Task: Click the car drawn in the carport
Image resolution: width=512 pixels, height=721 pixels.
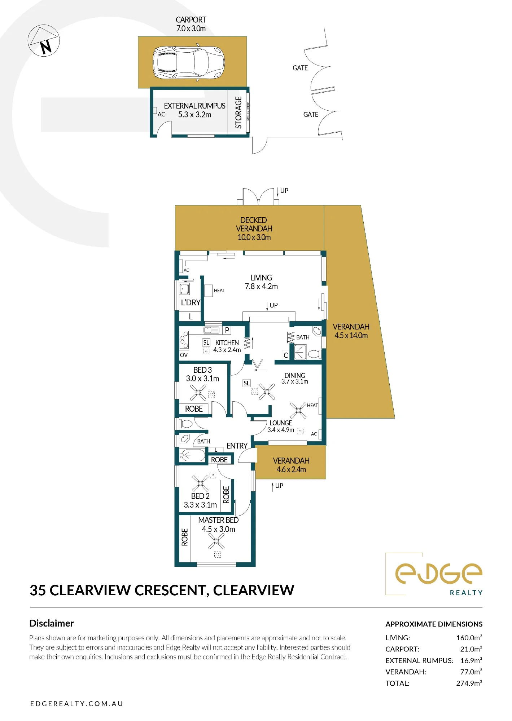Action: point(189,62)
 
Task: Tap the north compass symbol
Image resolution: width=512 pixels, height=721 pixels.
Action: point(44,40)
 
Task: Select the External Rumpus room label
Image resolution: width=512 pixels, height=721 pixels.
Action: point(194,110)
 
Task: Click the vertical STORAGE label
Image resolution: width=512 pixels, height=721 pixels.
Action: point(239,112)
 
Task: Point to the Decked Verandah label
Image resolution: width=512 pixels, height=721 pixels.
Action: point(254,229)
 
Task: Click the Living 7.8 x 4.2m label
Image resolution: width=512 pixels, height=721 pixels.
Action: point(261,282)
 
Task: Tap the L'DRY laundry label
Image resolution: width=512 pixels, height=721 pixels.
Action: point(191,302)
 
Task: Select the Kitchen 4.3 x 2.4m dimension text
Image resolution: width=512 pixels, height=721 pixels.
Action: point(227,350)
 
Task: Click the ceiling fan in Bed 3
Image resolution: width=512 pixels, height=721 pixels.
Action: point(198,393)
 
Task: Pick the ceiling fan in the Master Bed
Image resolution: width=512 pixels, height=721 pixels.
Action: point(216,541)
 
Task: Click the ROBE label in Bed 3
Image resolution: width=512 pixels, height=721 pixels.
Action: point(194,409)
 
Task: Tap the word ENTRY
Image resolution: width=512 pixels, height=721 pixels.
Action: point(237,446)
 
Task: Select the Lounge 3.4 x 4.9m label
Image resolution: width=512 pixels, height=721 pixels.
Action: point(281,426)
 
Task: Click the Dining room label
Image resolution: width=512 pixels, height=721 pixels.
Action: point(295,378)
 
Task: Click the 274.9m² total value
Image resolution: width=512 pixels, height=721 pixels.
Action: point(469,683)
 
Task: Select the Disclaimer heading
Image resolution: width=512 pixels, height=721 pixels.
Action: point(52,623)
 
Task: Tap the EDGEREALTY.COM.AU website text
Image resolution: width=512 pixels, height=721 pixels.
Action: point(76,704)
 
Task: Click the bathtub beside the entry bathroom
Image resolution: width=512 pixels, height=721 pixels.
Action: point(192,455)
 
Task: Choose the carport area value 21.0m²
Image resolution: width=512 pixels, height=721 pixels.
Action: point(471,649)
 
